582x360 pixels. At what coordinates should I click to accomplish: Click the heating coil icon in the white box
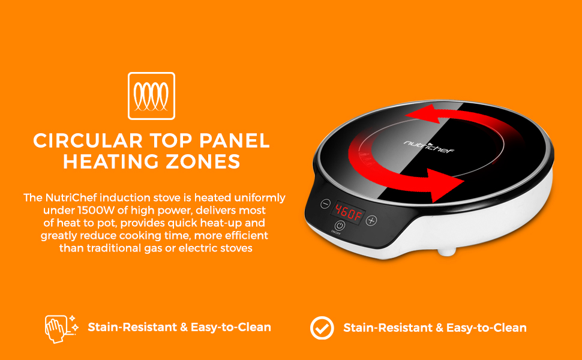click(x=151, y=96)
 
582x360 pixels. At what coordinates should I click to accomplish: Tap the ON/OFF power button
click(x=340, y=226)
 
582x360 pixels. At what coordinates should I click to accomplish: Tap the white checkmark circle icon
click(x=322, y=328)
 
